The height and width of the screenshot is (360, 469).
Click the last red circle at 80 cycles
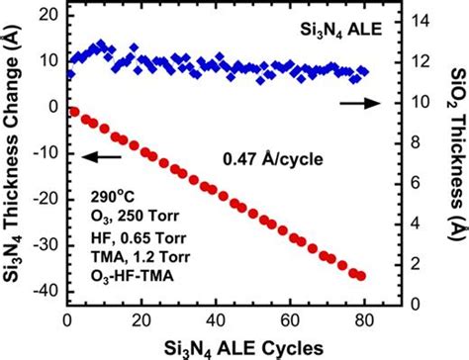coord(361,276)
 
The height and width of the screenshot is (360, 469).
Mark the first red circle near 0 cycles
coord(73,112)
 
